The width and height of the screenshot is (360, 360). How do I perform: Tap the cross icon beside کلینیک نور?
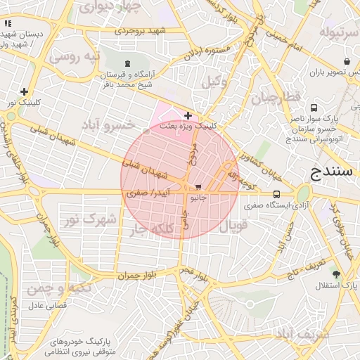pos(25,91)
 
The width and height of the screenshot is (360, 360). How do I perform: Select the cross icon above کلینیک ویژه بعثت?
pos(188,115)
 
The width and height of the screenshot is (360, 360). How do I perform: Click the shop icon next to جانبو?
pos(198,188)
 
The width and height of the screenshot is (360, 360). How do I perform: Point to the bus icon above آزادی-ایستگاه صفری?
pos(276,194)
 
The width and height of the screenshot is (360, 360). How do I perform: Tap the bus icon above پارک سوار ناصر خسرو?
pos(313,108)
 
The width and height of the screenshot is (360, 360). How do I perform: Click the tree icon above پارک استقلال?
pos(336,274)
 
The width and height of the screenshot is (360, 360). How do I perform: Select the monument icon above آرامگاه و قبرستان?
pos(127,65)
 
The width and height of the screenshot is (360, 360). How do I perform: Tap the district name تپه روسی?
pos(78,56)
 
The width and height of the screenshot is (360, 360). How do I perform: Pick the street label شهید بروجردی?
pos(141,32)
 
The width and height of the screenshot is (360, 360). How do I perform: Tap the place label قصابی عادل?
pos(46,306)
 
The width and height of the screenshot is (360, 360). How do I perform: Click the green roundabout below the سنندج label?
pos(303,193)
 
